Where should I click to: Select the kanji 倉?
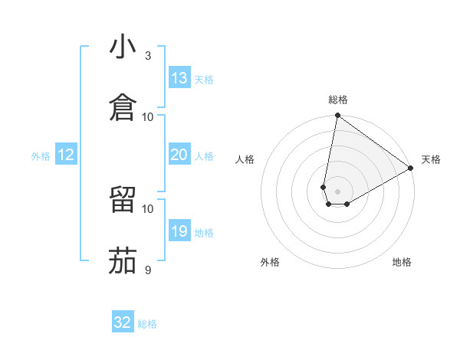pyautogui.click(x=123, y=108)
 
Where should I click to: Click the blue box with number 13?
pyautogui.click(x=179, y=78)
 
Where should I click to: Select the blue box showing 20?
pyautogui.click(x=179, y=155)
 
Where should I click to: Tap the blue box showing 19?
pyautogui.click(x=179, y=231)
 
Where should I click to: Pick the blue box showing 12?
pyautogui.click(x=66, y=155)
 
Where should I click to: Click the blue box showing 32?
pyautogui.click(x=123, y=322)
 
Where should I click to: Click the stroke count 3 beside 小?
pyautogui.click(x=148, y=56)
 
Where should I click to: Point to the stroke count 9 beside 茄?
pyautogui.click(x=148, y=270)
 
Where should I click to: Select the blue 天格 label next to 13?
pyautogui.click(x=204, y=80)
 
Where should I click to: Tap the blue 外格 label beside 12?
pyautogui.click(x=41, y=156)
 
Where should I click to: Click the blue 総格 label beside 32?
pyautogui.click(x=147, y=324)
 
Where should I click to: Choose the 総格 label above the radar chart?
pyautogui.click(x=338, y=100)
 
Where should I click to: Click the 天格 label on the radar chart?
pyautogui.click(x=431, y=159)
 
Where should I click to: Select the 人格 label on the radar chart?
pyautogui.click(x=245, y=159)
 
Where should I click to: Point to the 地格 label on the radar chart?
pyautogui.click(x=402, y=262)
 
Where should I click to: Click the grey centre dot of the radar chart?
pyautogui.click(x=338, y=181)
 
